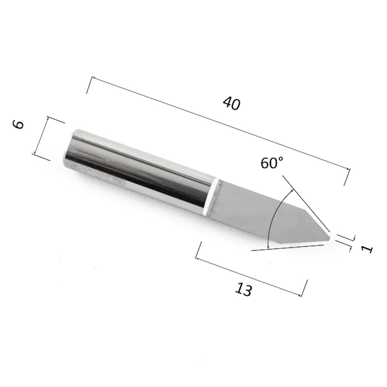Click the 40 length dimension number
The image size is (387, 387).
point(231,103)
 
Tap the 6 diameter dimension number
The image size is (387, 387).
point(19,125)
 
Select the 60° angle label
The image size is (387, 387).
point(272,163)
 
